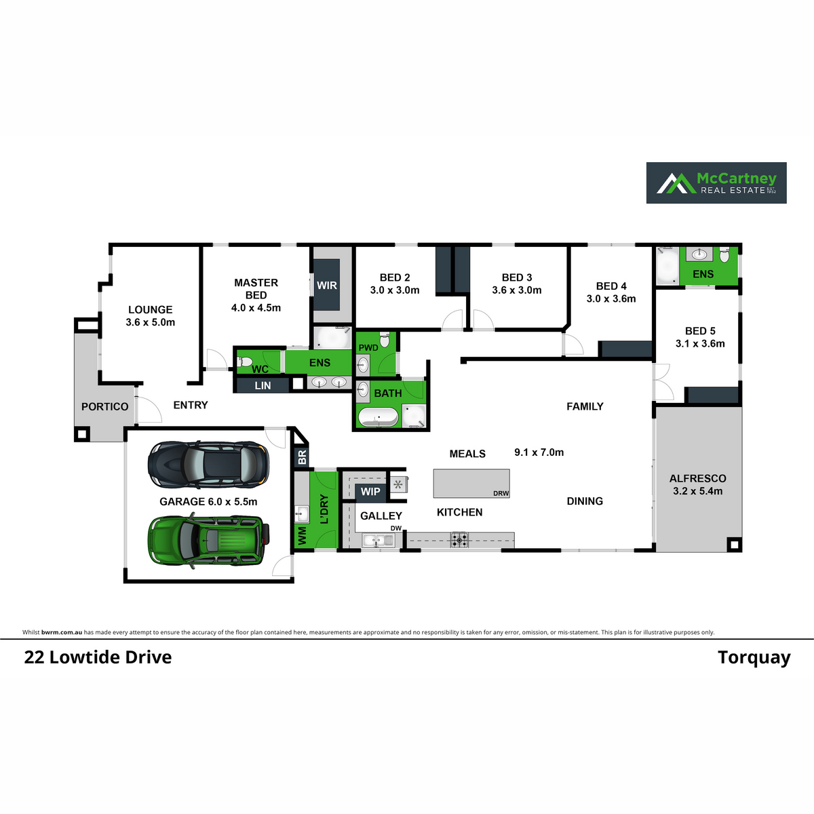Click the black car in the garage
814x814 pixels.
(208, 465)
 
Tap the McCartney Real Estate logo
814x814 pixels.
(716, 183)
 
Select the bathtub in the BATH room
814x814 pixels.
(378, 417)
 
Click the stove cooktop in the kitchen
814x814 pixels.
(459, 540)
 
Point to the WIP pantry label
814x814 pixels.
(370, 491)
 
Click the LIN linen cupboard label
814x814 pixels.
(263, 385)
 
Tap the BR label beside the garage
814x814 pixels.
(302, 457)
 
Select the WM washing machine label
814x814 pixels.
(303, 536)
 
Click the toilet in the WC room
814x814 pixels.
(245, 362)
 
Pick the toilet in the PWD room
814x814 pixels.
(385, 340)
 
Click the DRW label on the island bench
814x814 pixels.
(501, 493)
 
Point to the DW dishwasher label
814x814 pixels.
(395, 528)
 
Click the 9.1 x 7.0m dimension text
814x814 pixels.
(539, 452)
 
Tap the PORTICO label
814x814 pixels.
(104, 406)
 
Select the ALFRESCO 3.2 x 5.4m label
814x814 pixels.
(698, 484)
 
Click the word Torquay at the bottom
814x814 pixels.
(754, 658)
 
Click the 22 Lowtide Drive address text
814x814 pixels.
(98, 657)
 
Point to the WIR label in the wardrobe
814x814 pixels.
(327, 285)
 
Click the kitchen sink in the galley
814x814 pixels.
(378, 540)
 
